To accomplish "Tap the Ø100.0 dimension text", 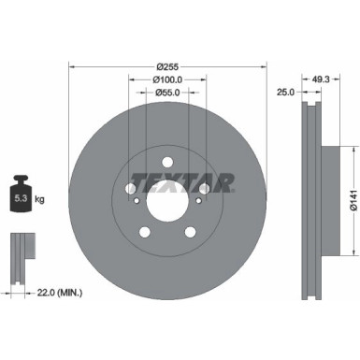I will tap(167, 81).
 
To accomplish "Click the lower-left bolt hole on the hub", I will tap(144, 233).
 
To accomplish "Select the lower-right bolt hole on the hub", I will tap(189, 233).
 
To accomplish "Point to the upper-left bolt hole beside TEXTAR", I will tap(131, 190).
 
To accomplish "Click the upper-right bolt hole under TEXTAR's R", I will tap(203, 190).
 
